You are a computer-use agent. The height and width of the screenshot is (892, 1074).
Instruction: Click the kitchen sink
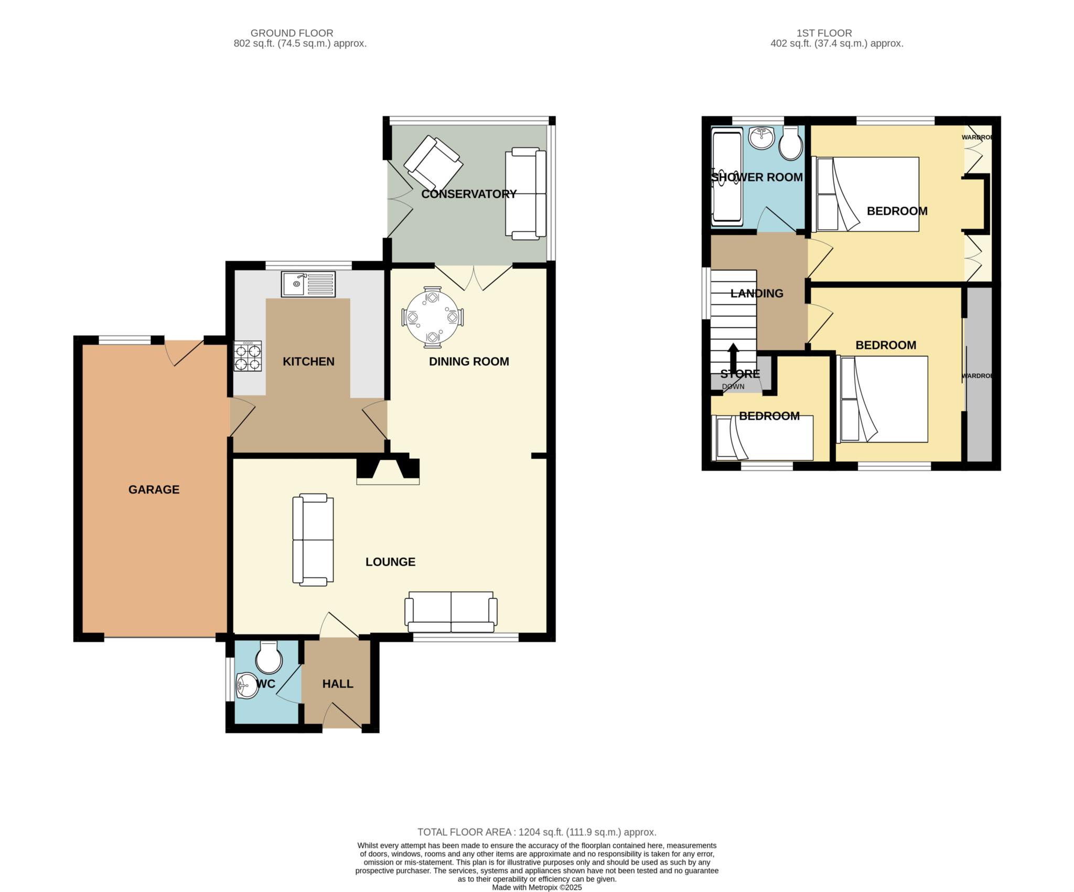(x=308, y=284)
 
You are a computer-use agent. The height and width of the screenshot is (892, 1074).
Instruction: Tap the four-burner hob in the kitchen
(x=248, y=357)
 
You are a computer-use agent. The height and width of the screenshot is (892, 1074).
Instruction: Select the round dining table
(x=433, y=318)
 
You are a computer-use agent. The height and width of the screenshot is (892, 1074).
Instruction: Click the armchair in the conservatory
(x=433, y=164)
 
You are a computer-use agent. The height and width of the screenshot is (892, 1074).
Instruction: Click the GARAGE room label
(x=154, y=489)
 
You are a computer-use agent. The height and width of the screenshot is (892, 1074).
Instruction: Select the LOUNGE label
(x=390, y=562)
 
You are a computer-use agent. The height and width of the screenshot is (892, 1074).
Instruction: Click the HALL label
(x=338, y=684)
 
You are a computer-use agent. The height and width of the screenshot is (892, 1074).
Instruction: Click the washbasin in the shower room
(x=761, y=137)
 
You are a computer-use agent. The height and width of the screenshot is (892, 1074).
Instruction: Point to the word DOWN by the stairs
(x=733, y=386)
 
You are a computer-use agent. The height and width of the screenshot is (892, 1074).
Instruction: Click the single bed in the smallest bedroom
(x=762, y=438)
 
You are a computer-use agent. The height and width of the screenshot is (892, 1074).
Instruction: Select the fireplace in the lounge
(x=388, y=471)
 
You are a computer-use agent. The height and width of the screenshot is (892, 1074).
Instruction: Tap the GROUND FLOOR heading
(x=292, y=33)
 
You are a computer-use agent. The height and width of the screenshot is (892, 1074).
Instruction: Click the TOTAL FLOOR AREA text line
(x=537, y=832)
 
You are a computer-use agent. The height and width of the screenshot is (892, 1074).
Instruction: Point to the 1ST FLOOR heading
(x=823, y=33)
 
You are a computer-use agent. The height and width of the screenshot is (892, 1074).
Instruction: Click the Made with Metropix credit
(x=537, y=888)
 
